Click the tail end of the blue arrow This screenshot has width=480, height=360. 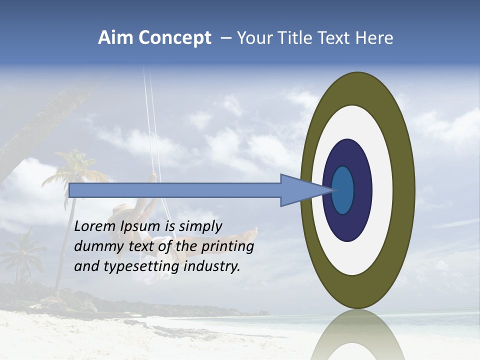(x=73, y=190)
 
